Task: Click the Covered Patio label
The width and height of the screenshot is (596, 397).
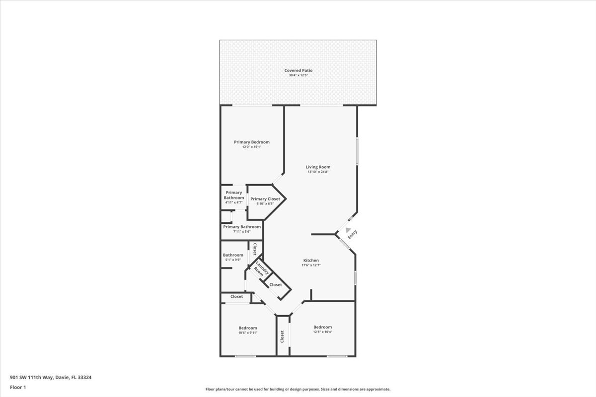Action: click(298, 70)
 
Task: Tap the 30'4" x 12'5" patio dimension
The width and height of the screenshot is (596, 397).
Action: click(298, 75)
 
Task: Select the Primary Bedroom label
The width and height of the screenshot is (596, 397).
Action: click(252, 142)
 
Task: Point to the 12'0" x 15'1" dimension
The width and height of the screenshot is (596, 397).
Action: click(252, 147)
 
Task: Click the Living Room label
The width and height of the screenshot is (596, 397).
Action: click(318, 167)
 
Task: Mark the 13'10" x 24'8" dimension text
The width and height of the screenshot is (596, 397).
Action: click(318, 172)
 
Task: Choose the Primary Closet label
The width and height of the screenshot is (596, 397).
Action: click(265, 199)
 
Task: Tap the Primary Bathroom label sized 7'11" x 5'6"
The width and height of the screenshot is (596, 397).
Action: click(242, 227)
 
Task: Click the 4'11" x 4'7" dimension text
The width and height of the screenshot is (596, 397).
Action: click(233, 202)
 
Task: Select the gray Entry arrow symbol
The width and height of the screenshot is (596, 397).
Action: click(348, 230)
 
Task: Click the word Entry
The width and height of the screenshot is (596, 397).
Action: click(353, 234)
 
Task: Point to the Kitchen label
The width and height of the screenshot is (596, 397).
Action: click(311, 261)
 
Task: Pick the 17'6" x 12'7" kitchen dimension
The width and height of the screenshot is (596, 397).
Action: click(311, 265)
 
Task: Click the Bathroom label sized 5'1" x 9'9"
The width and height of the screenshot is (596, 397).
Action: click(233, 255)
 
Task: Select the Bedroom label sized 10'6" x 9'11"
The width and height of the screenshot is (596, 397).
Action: click(248, 328)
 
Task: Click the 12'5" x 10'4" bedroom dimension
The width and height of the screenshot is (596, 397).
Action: click(322, 332)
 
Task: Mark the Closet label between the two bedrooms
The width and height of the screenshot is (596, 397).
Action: click(282, 336)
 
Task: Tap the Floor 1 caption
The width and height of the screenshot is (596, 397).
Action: click(18, 387)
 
